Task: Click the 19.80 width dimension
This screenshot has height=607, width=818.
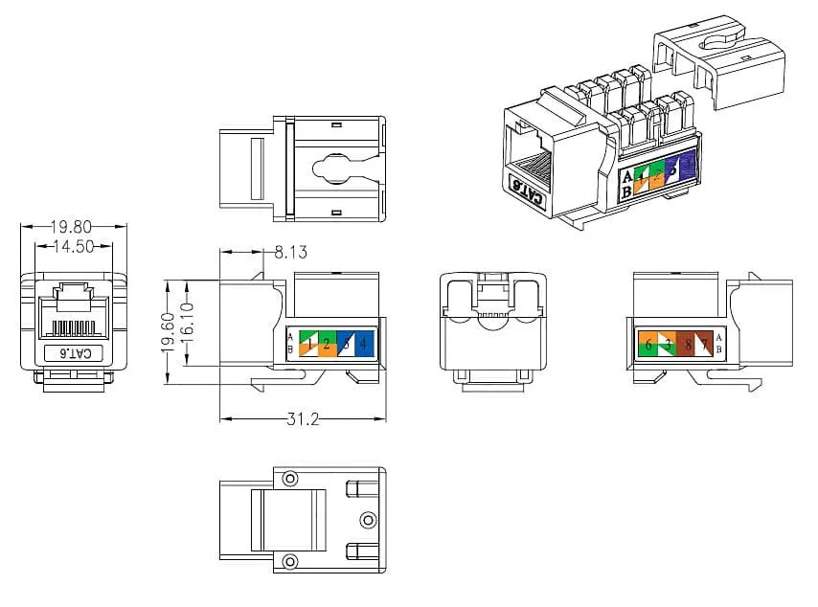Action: [x=72, y=227]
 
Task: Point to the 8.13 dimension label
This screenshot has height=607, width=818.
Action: [x=292, y=252]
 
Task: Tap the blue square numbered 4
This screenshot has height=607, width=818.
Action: [x=364, y=344]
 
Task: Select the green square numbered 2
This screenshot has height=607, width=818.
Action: [x=327, y=344]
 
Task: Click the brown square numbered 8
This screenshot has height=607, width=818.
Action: [x=687, y=344]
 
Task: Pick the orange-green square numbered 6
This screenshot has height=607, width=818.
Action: [x=648, y=344]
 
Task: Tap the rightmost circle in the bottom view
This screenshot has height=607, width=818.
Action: [x=368, y=519]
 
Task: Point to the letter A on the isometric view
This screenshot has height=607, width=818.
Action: [x=627, y=177]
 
